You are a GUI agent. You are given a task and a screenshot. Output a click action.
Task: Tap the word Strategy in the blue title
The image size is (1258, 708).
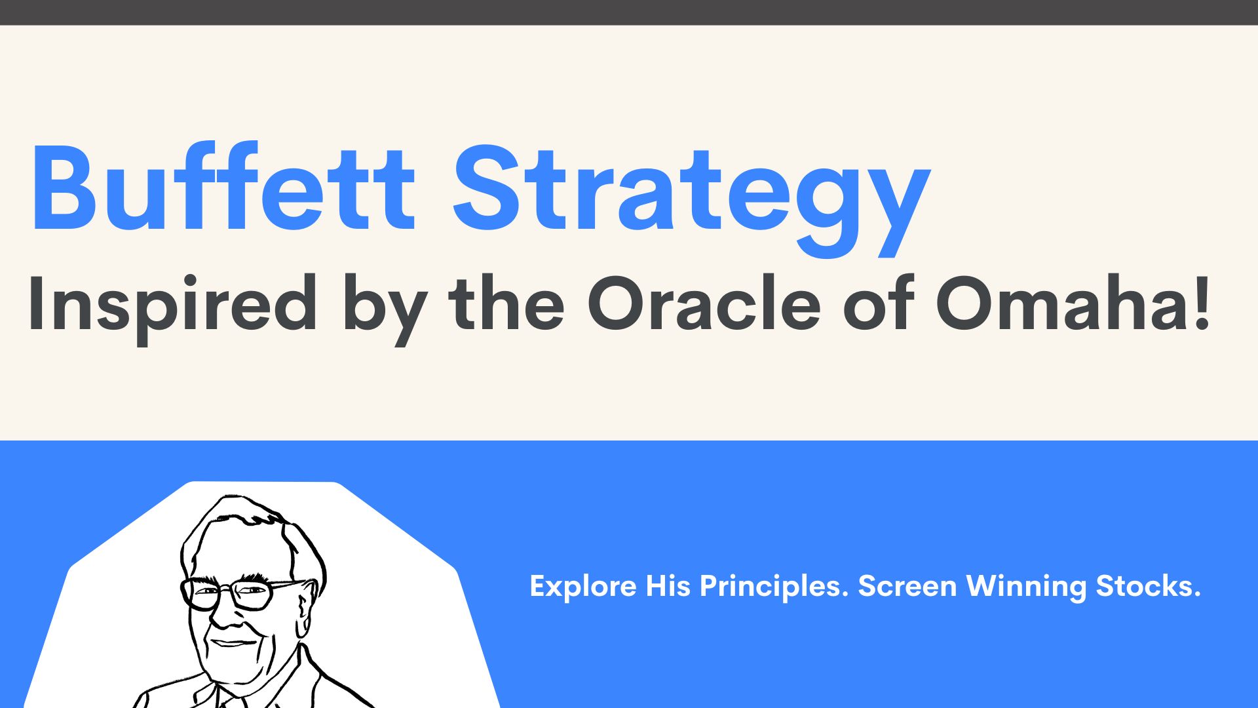click(x=691, y=190)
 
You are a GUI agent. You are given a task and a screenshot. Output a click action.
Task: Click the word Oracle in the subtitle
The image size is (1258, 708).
click(x=704, y=304)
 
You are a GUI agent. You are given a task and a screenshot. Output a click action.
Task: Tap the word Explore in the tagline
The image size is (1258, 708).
click(x=582, y=586)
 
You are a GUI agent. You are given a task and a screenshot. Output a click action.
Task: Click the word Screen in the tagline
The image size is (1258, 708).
click(x=907, y=586)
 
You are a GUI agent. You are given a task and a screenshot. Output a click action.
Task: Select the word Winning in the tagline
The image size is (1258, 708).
click(x=1026, y=586)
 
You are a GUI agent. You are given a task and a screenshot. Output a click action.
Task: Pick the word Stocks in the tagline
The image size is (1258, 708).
click(x=1148, y=586)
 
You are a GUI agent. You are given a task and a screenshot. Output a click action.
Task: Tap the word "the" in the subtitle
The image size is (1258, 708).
click(x=506, y=304)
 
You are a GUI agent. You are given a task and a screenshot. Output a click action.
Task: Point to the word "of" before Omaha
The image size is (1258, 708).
click(x=878, y=304)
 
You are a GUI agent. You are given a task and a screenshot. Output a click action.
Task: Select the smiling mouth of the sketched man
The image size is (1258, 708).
click(x=233, y=642)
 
